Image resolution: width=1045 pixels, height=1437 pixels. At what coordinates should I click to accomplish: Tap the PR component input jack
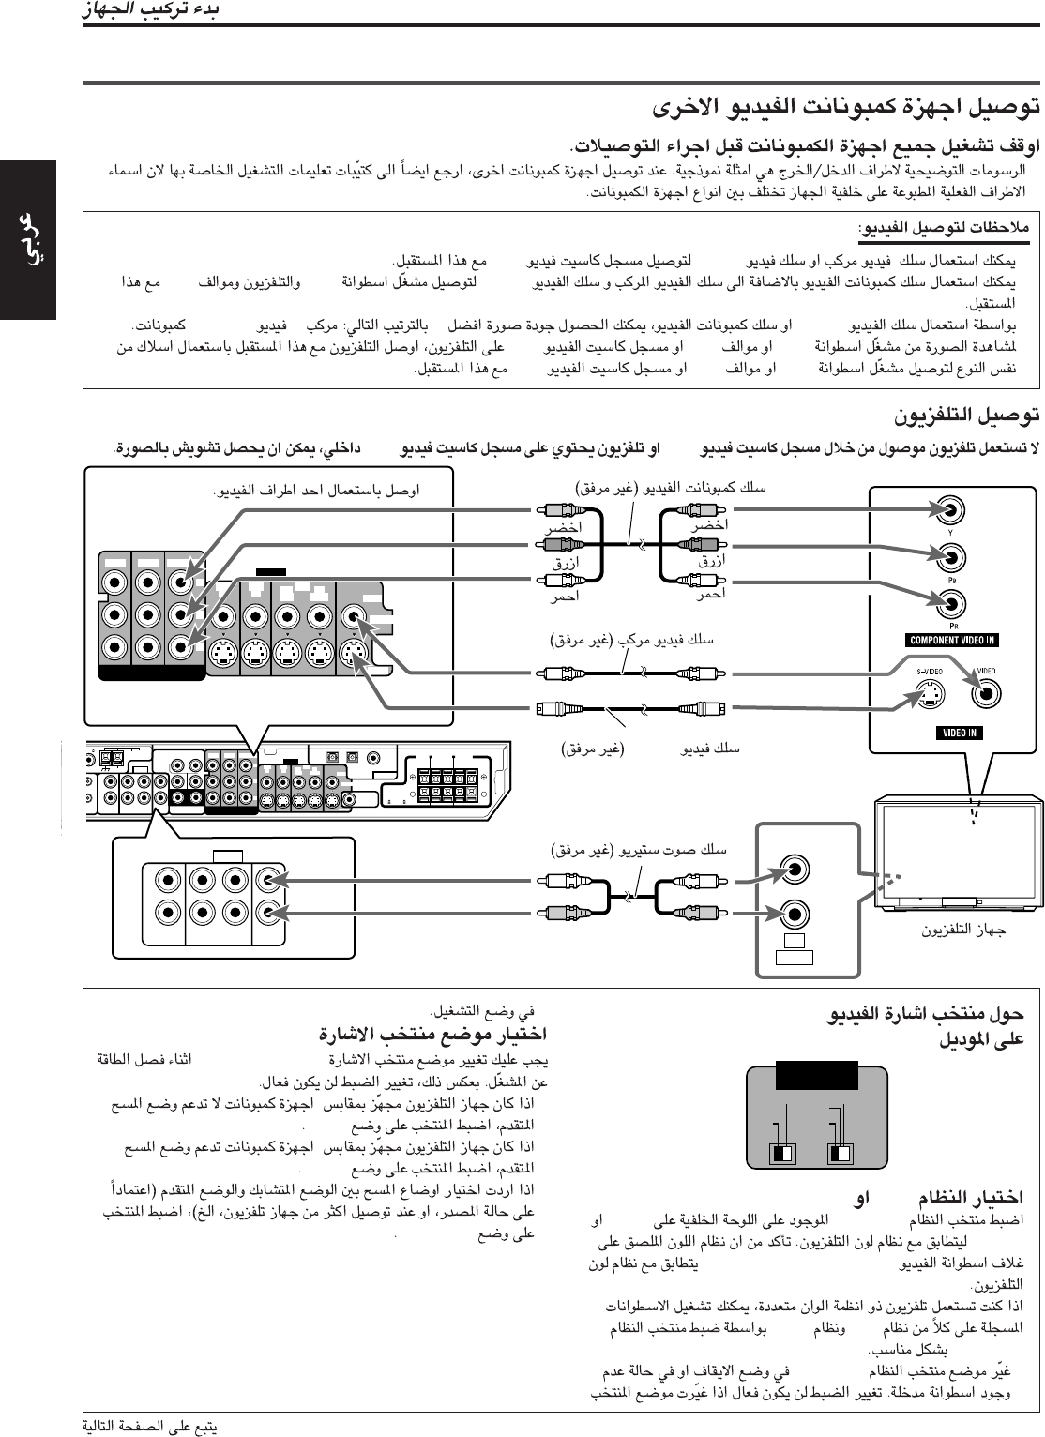coord(951,598)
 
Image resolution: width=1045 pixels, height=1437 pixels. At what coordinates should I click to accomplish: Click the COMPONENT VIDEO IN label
coord(952,641)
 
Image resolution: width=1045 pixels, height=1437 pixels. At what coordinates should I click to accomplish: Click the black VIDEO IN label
coord(957,733)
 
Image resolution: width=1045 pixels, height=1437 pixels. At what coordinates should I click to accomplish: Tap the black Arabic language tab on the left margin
coord(28,240)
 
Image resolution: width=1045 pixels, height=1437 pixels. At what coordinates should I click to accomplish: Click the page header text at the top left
coord(150,12)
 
